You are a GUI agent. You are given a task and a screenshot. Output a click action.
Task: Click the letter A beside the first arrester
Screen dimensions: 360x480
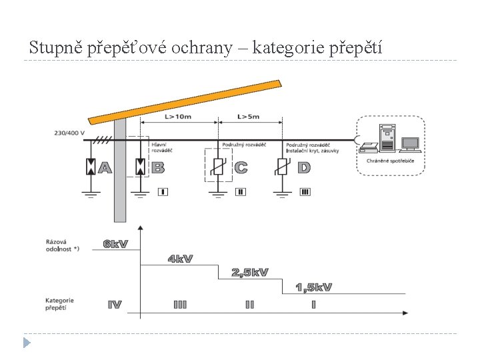point(105,167)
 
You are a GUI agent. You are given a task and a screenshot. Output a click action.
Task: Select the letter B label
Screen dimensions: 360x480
point(158,167)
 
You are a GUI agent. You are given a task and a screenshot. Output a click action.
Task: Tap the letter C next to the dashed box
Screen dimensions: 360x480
point(241,167)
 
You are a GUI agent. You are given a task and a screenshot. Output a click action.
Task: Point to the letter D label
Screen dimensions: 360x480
point(304,167)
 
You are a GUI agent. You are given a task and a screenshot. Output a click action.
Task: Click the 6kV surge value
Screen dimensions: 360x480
point(115,244)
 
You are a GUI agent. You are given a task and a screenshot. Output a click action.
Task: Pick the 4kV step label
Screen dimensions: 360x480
point(180,259)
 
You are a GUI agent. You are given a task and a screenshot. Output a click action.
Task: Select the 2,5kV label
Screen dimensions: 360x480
point(250,272)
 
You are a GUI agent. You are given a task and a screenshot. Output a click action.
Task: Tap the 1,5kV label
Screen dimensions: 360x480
point(314,287)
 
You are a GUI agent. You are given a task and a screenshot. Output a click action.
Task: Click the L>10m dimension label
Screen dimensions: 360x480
point(178,117)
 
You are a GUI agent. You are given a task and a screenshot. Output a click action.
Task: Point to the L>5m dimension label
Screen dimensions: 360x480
point(249,117)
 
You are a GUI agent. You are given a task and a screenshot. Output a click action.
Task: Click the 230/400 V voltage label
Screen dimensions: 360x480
point(69,133)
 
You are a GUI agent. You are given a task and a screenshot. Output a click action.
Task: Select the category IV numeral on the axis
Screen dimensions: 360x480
point(115,305)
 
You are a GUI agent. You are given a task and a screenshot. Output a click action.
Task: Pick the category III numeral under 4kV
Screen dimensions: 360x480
point(180,305)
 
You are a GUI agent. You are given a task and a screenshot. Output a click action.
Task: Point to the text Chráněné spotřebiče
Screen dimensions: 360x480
point(390,161)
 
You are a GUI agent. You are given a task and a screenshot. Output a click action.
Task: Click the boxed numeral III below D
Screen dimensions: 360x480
point(305,192)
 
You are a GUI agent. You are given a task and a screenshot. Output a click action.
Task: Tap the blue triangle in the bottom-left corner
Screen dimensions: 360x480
point(26,343)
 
